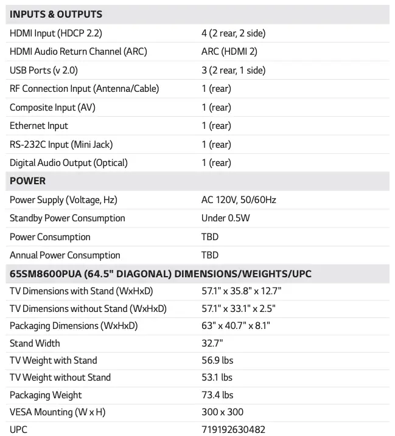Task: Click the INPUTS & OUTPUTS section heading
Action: tap(56, 14)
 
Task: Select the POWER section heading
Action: tap(27, 181)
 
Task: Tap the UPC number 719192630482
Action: tap(233, 429)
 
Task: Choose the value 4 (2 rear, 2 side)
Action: tap(233, 33)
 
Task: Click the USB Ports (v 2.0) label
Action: tap(44, 71)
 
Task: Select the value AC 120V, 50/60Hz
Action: tap(243, 200)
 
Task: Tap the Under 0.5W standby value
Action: tap(226, 218)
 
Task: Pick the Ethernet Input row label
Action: tap(39, 126)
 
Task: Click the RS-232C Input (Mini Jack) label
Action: tap(61, 145)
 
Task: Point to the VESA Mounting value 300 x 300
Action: tap(222, 412)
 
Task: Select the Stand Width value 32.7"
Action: tap(212, 344)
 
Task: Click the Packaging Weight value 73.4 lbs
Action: tap(217, 395)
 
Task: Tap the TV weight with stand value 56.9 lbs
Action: tap(217, 361)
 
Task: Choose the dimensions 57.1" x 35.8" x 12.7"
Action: tap(241, 291)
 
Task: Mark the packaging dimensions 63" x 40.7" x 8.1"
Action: tap(236, 326)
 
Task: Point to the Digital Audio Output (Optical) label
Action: tap(69, 163)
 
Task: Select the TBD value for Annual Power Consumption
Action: tap(210, 255)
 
